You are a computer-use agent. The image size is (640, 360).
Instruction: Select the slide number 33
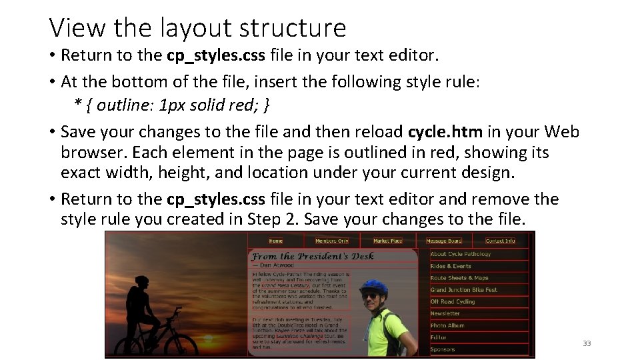coord(587,343)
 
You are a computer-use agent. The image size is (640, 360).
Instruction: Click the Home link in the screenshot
coord(275,241)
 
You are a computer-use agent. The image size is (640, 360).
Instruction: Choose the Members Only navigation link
coord(331,241)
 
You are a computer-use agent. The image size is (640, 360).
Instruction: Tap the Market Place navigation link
coord(387,241)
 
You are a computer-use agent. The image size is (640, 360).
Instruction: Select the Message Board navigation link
coord(444,241)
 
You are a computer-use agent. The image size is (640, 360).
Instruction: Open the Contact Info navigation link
coord(500,241)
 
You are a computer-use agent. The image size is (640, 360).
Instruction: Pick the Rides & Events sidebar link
coord(451,266)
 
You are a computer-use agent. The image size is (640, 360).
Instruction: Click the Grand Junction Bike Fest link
coord(464,290)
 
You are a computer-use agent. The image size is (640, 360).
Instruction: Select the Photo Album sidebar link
coord(447,325)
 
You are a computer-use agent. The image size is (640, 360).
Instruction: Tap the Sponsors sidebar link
coord(443,349)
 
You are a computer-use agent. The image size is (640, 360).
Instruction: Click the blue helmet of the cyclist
coord(373,287)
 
